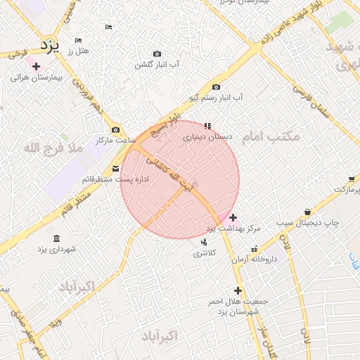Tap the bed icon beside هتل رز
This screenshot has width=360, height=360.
click(x=78, y=40)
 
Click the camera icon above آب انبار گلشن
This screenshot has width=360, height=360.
click(x=157, y=53)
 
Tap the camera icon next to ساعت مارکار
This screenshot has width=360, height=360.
click(x=116, y=130)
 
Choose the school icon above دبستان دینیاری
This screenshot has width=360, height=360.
click(x=207, y=127)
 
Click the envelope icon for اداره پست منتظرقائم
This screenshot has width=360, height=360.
click(x=116, y=168)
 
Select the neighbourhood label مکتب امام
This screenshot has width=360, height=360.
click(x=270, y=136)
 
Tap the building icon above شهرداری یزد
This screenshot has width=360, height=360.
click(x=56, y=238)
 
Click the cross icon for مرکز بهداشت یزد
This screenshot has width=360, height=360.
click(x=233, y=217)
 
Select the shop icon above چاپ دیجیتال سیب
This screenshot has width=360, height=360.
click(x=308, y=212)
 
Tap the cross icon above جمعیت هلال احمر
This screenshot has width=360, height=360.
click(x=238, y=290)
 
